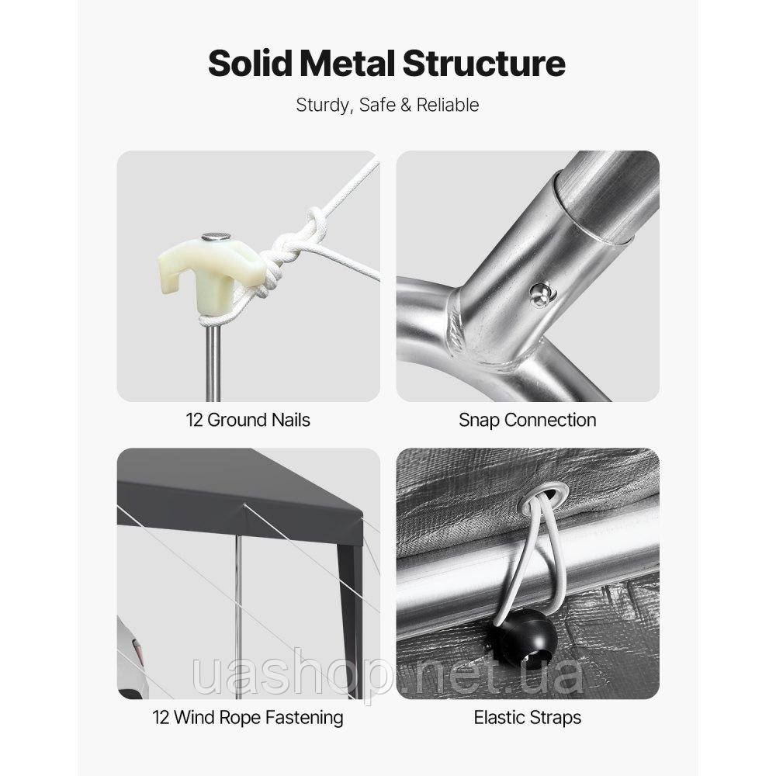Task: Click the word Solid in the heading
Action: point(251,64)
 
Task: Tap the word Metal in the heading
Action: point(348,64)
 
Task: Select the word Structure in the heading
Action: point(483,64)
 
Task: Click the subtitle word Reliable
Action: point(448,105)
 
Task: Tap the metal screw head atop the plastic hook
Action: point(216,237)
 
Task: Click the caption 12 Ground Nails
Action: point(248,420)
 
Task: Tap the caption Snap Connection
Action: point(528,420)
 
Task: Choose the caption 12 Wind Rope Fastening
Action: point(248,718)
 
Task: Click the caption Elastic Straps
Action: point(528,718)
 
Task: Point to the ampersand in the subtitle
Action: point(406,105)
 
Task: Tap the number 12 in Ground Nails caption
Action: point(194,420)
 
